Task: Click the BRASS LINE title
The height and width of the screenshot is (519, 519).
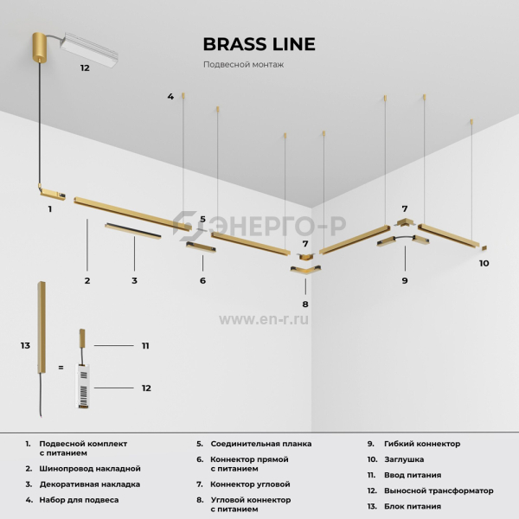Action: [259, 44]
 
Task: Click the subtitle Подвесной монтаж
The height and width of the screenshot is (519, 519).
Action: [243, 65]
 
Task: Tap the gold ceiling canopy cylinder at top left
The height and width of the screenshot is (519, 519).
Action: [40, 47]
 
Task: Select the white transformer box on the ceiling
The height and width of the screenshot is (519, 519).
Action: [89, 49]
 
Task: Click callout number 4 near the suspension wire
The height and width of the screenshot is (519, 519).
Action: [170, 96]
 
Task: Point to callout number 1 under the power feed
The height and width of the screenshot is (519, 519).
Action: [50, 208]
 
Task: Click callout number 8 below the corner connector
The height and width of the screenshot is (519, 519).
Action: [305, 304]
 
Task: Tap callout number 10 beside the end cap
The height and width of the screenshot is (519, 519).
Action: [484, 263]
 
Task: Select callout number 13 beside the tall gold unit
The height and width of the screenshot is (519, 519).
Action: [25, 345]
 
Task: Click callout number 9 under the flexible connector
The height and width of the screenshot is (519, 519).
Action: [405, 280]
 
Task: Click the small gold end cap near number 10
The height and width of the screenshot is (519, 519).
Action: [484, 247]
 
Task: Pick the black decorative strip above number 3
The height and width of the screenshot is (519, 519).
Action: [133, 231]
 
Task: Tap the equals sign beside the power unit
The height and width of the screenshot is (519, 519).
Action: [61, 368]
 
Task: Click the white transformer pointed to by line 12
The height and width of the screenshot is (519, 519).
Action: [83, 386]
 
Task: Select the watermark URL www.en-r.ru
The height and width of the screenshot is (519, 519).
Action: [264, 319]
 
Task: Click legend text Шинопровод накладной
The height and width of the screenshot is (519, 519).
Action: [90, 468]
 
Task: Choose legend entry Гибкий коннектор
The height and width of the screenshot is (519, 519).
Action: [422, 444]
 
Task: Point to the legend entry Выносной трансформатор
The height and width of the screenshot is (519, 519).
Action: [439, 490]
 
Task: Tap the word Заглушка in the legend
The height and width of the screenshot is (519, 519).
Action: [404, 459]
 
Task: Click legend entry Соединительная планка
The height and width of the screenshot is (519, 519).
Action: [261, 444]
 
